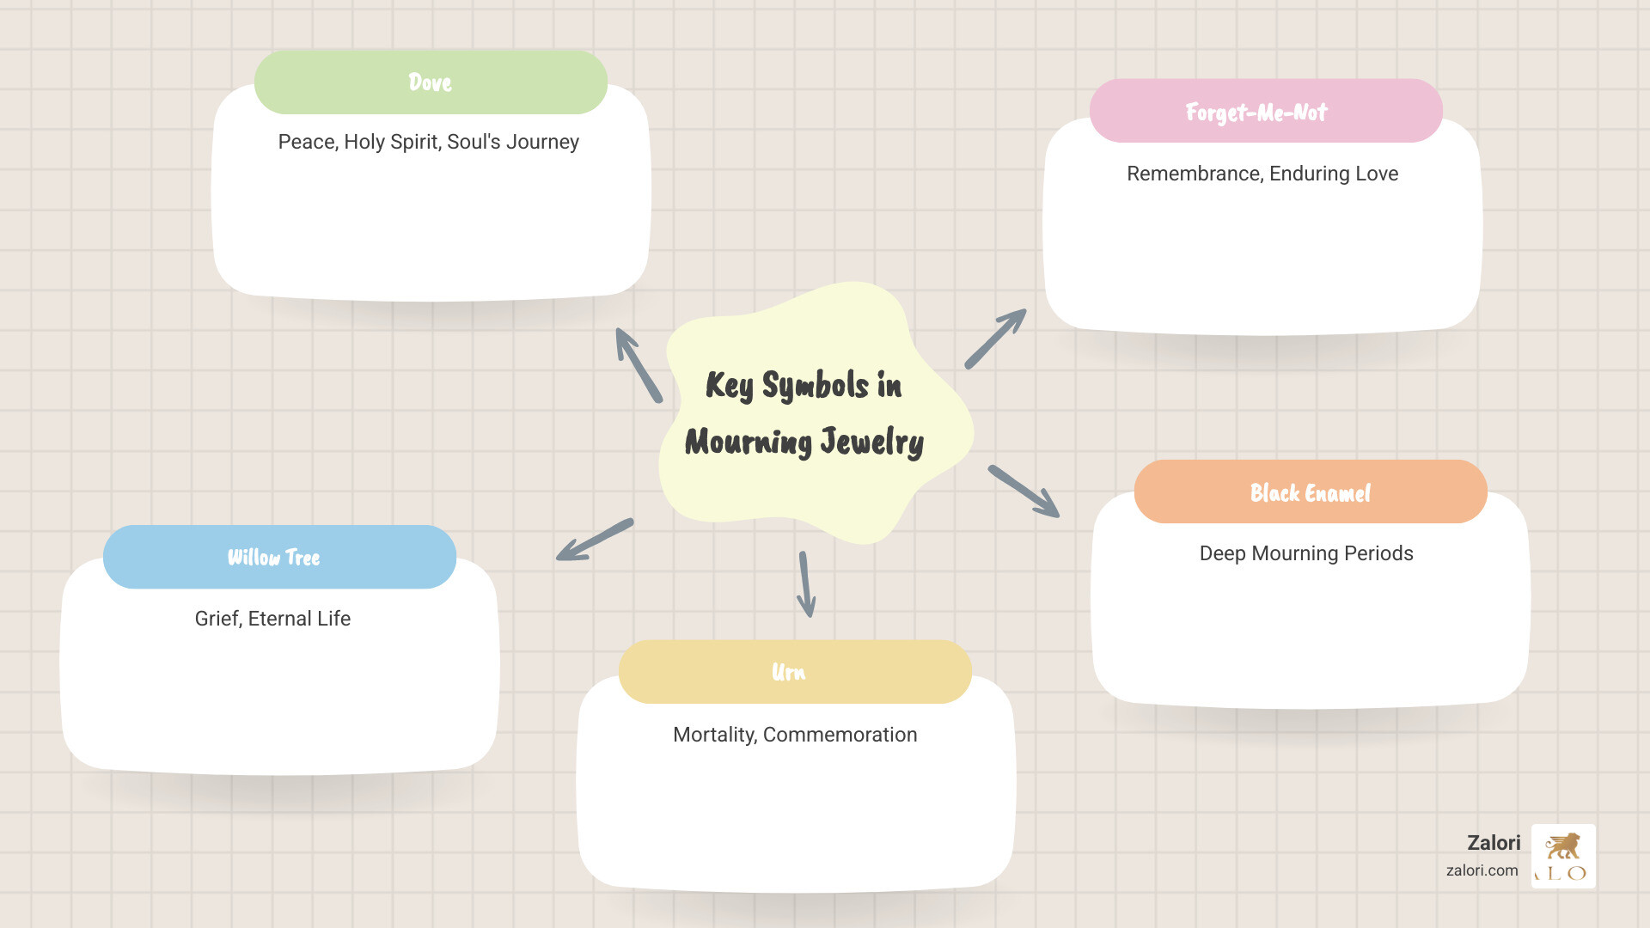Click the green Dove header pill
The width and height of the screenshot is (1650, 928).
[x=431, y=82]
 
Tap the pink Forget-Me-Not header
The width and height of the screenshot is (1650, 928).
[x=1265, y=112]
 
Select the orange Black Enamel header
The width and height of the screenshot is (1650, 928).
[x=1310, y=492]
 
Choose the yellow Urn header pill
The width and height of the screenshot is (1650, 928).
[x=795, y=672]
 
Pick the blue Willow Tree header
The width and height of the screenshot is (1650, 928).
[x=279, y=557]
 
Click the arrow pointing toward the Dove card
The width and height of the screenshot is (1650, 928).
[x=638, y=365]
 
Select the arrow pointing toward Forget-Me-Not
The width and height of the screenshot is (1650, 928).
[x=995, y=339]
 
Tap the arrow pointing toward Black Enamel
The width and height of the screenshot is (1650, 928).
[x=1024, y=491]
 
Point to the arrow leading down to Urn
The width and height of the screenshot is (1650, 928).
[x=805, y=584]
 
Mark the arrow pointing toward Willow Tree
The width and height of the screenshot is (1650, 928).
[x=595, y=540]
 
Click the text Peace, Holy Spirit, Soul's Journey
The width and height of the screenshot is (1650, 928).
[x=428, y=142]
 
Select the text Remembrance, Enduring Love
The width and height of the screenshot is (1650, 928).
[x=1262, y=174]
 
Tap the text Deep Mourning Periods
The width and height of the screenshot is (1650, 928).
[x=1305, y=553]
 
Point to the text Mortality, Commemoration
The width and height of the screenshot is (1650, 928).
[x=795, y=735]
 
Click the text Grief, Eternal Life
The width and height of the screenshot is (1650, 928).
[x=272, y=619]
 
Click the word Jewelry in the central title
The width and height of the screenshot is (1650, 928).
[x=871, y=442]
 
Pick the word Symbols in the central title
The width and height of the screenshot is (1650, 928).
[x=815, y=386]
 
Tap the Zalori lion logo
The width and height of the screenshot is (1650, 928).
[x=1563, y=856]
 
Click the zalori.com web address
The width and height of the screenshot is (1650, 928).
[x=1482, y=870]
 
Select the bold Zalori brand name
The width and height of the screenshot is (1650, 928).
[x=1494, y=843]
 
